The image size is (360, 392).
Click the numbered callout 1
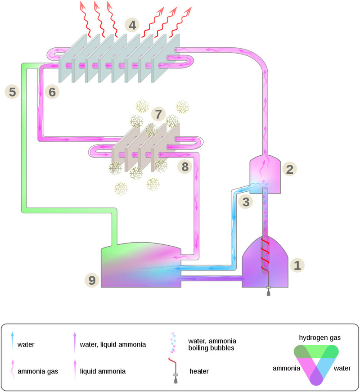297,264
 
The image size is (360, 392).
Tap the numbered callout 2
290,169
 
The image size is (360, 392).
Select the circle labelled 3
246,202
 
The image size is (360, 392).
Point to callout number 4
132,24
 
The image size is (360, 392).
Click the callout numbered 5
12,92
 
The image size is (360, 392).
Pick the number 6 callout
52,92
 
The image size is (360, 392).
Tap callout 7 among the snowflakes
158,114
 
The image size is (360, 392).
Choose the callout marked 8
185,167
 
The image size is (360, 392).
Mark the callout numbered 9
92,280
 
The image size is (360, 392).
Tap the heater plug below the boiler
268,292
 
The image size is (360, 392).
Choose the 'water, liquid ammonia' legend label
112,345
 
